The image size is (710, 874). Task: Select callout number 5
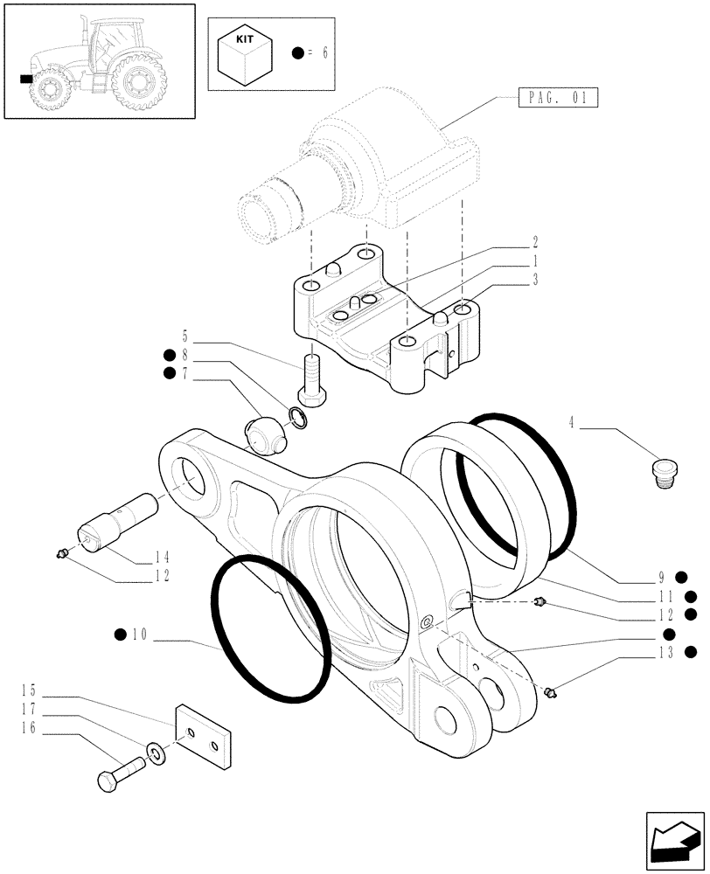(x=185, y=336)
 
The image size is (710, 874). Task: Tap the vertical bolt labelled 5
(x=313, y=378)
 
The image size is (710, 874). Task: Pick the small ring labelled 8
(x=298, y=418)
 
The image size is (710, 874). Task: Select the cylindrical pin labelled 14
(x=114, y=521)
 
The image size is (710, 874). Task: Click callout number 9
(x=662, y=577)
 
